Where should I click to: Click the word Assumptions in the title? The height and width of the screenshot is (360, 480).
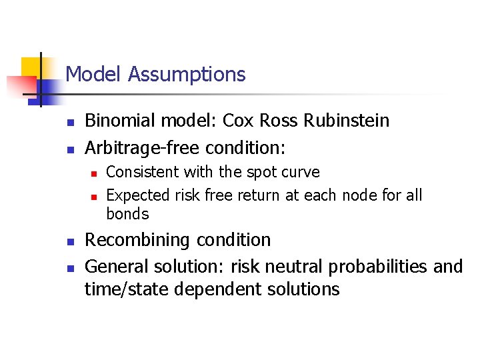click(187, 74)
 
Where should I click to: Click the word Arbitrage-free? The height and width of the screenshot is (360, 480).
click(143, 146)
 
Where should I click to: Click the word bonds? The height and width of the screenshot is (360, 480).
click(127, 214)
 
